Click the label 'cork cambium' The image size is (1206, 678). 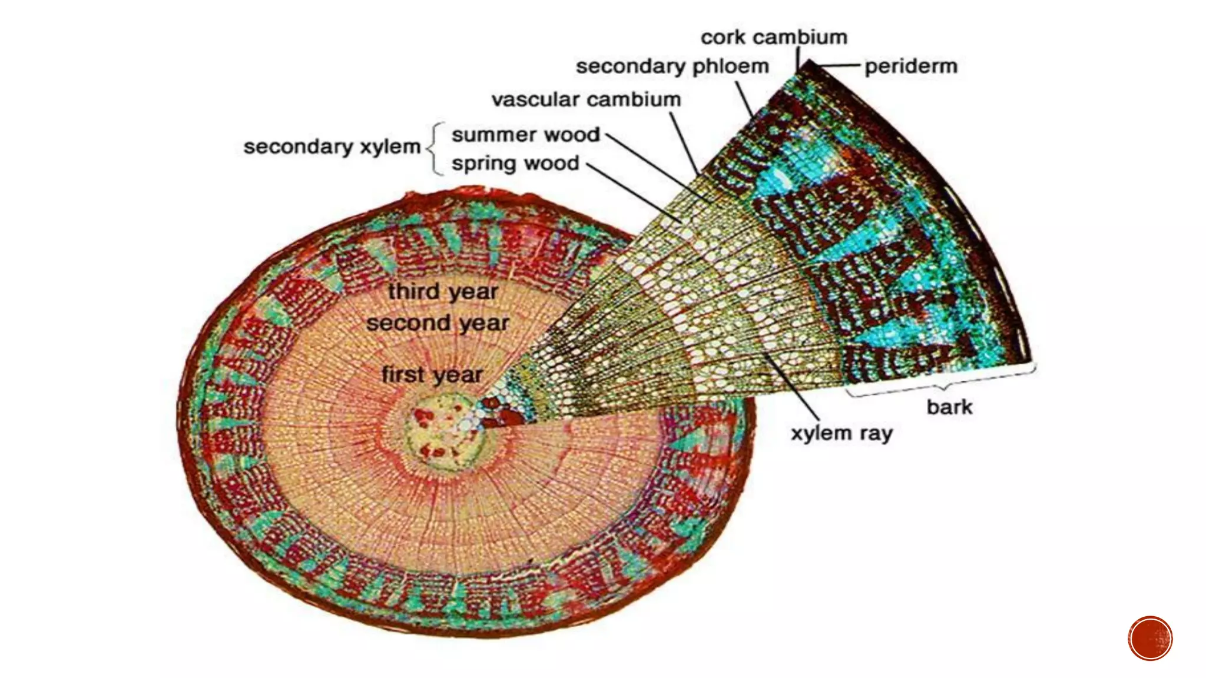click(774, 38)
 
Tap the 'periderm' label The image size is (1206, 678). click(910, 67)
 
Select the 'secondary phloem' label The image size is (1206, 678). click(672, 67)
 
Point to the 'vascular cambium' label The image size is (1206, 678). click(586, 99)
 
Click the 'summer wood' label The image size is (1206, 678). click(525, 135)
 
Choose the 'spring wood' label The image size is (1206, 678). click(515, 163)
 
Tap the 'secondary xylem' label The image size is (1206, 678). click(332, 147)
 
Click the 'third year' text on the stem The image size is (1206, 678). click(443, 291)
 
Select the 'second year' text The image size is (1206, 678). click(438, 323)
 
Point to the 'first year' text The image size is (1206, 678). click(432, 375)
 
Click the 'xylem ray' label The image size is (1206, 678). click(841, 434)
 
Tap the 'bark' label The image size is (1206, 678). click(949, 407)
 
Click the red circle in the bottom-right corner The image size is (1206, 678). click(1150, 639)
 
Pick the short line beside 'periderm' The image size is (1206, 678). click(840, 67)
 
